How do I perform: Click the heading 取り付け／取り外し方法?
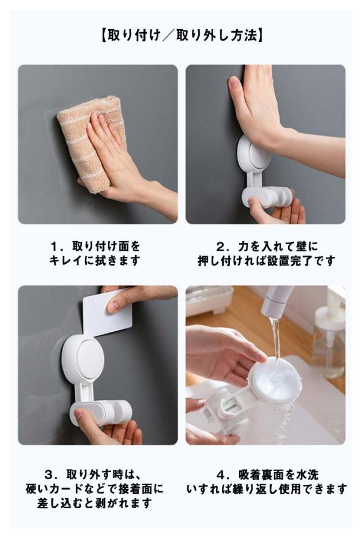click(x=182, y=35)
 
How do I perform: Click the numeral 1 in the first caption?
click(x=54, y=246)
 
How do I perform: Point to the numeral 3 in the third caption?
click(x=48, y=475)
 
